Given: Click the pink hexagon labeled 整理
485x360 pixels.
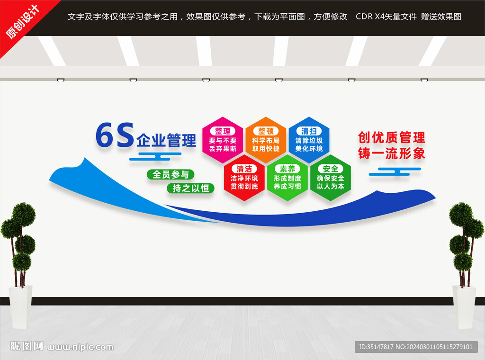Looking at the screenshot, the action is [x=223, y=140].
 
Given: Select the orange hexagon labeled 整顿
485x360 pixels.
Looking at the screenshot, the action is [x=266, y=140].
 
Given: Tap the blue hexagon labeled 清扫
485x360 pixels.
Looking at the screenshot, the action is [x=309, y=140].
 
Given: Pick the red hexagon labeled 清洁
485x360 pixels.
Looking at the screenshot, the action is [x=244, y=178].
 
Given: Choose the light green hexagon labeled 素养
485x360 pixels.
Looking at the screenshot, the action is [x=287, y=178].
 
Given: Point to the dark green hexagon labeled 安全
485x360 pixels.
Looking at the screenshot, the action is [x=331, y=178].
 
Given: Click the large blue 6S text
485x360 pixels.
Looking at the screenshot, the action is [x=115, y=135].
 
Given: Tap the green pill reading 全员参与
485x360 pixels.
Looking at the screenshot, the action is [x=171, y=174].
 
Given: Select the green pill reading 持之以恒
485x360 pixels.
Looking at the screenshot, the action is [x=190, y=188].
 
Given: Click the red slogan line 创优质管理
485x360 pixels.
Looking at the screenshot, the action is [x=392, y=138].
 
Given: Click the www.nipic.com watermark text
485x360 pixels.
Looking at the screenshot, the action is [x=80, y=347].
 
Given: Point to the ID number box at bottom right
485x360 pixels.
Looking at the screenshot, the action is [x=416, y=347].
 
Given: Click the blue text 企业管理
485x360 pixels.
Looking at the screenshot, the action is [x=166, y=140].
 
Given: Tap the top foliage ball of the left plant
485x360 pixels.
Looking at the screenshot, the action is [x=24, y=214].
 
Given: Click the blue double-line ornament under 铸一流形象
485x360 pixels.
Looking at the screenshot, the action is [x=395, y=171].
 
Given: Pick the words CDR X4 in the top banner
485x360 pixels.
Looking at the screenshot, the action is [x=370, y=17].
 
